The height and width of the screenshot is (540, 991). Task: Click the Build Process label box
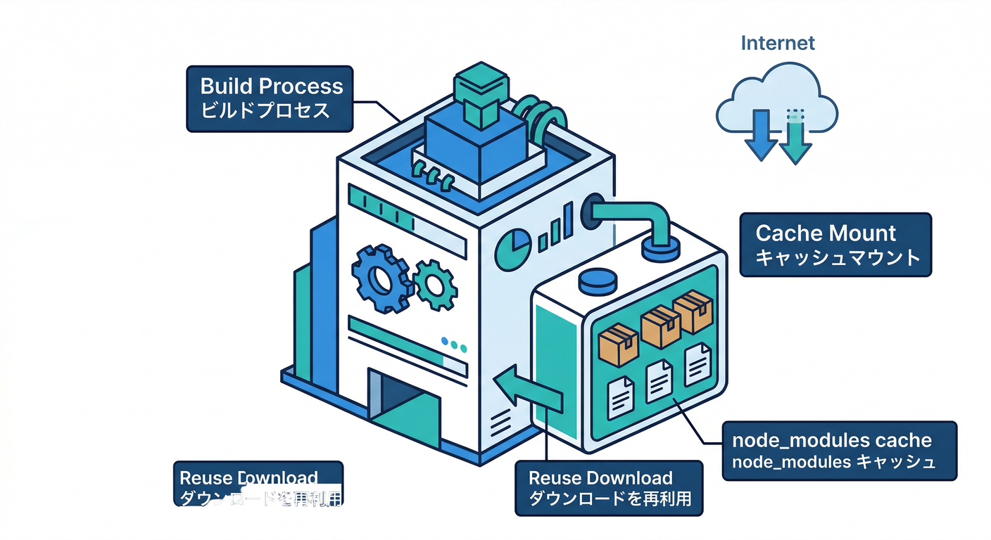[272, 98]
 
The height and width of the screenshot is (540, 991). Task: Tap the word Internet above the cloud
[778, 43]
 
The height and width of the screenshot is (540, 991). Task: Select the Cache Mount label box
[835, 245]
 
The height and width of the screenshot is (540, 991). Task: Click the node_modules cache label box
[840, 451]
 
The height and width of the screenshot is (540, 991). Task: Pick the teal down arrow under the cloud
[795, 137]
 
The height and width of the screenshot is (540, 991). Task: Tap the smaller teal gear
[434, 285]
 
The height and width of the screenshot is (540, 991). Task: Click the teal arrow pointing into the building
[528, 390]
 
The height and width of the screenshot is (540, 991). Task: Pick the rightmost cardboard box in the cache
[694, 312]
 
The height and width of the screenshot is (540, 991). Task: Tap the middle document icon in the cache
[659, 380]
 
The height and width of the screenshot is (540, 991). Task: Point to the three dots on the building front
[454, 345]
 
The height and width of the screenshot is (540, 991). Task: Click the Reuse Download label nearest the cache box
[608, 488]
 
